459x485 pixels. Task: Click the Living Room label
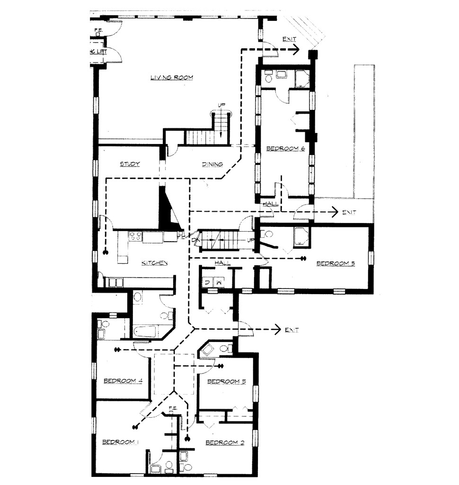172,78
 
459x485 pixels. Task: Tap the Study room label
130,164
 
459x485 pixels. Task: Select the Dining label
212,164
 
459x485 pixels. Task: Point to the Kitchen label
154,263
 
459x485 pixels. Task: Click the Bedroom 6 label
285,149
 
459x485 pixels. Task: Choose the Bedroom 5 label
335,263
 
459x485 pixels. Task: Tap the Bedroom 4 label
123,380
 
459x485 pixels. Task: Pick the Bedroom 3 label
226,381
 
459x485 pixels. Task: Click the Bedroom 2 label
225,442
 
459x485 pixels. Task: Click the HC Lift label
98,51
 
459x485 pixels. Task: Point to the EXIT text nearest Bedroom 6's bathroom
290,39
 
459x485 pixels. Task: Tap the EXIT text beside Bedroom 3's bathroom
291,329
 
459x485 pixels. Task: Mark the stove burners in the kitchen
135,236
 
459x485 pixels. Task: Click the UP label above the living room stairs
221,105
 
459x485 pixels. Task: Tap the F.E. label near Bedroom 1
173,408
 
